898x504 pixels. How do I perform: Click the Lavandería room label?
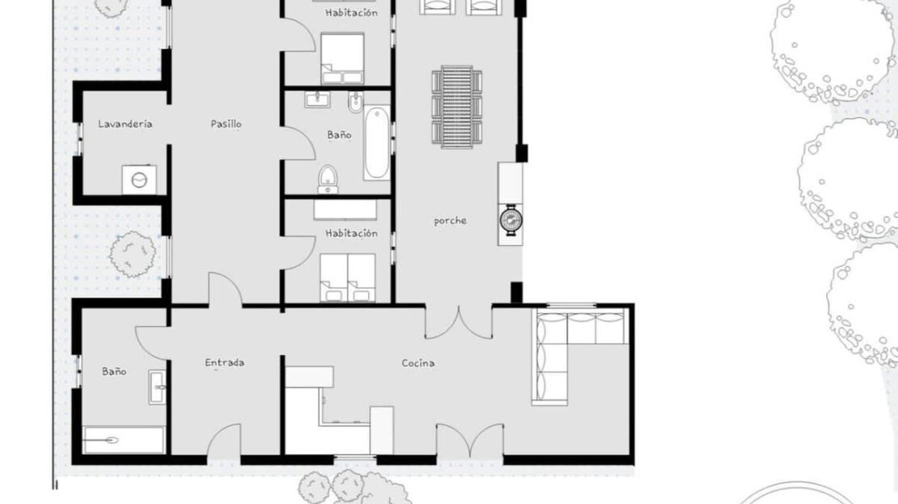click(125, 124)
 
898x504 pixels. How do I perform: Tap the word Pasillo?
click(226, 124)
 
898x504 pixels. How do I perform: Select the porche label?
click(450, 221)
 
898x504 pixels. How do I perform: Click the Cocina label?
click(418, 363)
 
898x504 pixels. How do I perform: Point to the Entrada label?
click(225, 362)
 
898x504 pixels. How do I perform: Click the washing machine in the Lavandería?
click(139, 180)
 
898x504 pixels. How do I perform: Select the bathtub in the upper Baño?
click(376, 142)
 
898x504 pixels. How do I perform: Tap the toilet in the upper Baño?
click(328, 180)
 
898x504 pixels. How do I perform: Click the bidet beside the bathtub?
click(355, 103)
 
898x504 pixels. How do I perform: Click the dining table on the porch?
click(456, 107)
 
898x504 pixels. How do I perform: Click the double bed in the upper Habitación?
click(342, 58)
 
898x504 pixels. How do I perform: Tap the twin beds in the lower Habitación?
click(348, 277)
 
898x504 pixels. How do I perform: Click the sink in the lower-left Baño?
click(158, 388)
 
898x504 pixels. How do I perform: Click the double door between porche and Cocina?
click(459, 324)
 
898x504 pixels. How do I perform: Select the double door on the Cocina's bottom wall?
click(470, 441)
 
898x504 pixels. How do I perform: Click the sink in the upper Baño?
click(316, 100)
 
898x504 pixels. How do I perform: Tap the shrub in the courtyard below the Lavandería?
click(133, 254)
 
